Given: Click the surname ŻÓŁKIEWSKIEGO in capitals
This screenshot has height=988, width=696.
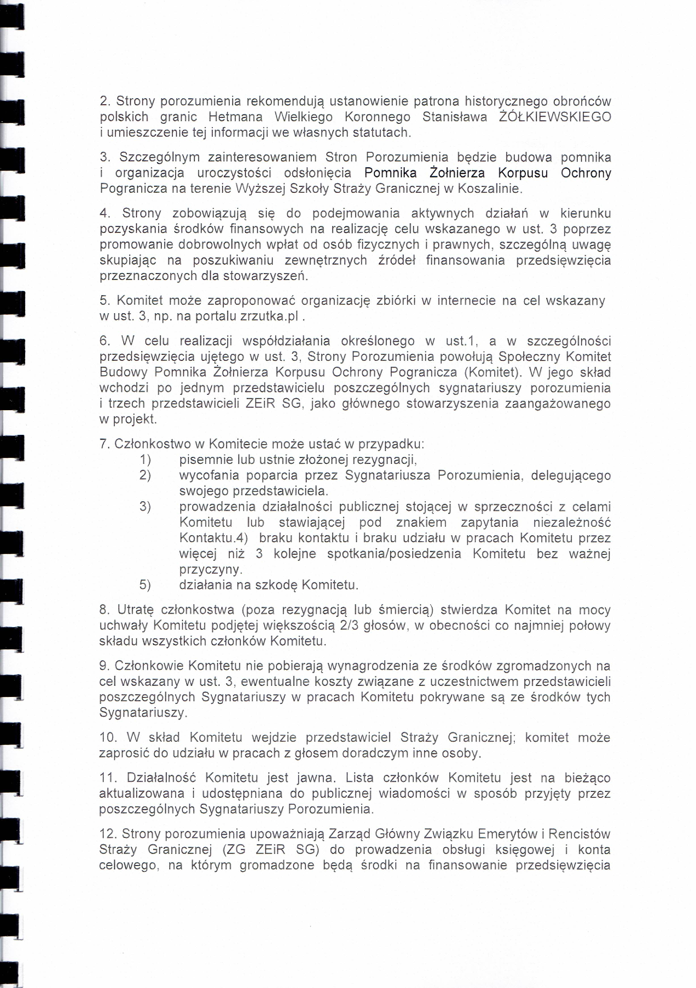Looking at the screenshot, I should click(555, 117).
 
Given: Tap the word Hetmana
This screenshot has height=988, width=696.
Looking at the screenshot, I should click(235, 117).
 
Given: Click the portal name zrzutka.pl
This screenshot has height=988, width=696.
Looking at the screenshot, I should click(269, 316).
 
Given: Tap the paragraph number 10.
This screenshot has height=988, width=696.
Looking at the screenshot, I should click(108, 737).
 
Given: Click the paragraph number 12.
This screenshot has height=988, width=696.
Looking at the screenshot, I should click(108, 834).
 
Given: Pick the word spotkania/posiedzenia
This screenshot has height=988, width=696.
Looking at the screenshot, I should click(394, 554).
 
